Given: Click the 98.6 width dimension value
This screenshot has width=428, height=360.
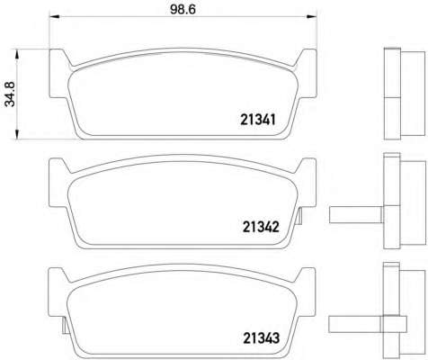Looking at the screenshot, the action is [183, 9].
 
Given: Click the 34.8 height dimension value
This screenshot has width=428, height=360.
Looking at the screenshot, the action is [10, 94].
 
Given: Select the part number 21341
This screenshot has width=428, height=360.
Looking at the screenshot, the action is [258, 120].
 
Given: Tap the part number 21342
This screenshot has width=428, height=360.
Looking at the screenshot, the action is [261, 227].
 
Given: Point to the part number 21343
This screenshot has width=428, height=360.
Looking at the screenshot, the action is [262, 338].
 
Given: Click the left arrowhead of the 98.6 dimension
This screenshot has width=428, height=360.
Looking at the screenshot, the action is [53, 16].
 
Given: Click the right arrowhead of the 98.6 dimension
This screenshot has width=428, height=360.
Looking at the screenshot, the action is [312, 16].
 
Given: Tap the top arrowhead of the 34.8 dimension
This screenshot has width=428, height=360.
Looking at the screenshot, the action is [17, 55].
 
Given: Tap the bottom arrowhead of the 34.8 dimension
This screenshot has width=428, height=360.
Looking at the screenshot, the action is [17, 134].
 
